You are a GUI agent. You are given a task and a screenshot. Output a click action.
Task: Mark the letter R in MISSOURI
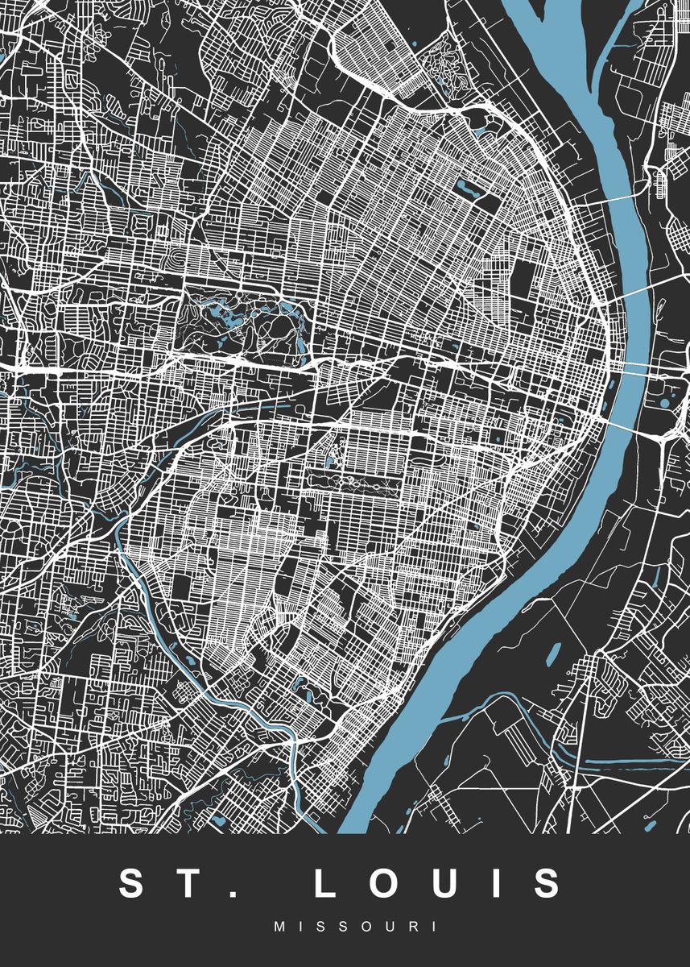click(x=413, y=928)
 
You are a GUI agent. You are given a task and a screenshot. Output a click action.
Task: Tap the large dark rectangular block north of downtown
click(x=523, y=278)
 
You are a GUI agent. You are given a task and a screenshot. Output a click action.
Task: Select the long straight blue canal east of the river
click(x=628, y=761)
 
